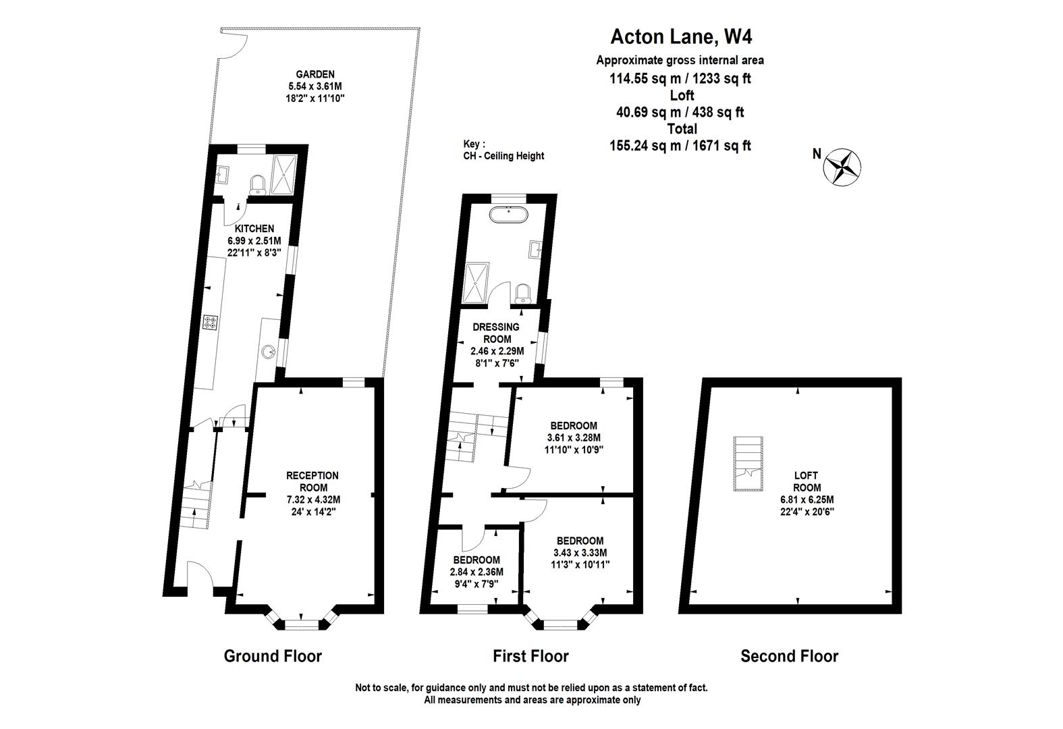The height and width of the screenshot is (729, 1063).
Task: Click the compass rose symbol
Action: tap(842, 167)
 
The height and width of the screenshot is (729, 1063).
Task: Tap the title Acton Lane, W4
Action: tap(681, 36)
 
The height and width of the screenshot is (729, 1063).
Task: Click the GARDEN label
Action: tap(315, 74)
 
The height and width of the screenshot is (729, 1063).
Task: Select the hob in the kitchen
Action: tap(210, 323)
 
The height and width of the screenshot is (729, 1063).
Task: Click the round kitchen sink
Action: tap(269, 352)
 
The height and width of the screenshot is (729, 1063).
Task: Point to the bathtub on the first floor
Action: tap(509, 215)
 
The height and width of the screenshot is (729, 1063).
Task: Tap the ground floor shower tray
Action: tap(283, 174)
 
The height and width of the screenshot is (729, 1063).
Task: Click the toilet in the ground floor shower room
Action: tap(258, 184)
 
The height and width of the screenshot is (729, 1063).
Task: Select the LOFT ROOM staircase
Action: tap(748, 463)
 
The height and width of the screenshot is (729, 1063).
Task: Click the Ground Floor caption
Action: tap(273, 656)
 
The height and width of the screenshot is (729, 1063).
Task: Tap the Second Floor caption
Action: tap(789, 656)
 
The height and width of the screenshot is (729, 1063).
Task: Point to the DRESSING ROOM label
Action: tap(496, 333)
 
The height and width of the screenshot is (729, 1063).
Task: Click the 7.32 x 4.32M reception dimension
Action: tap(313, 500)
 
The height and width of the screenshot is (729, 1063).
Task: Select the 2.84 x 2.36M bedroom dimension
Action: tap(476, 572)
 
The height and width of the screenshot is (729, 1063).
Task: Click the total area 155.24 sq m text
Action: tap(680, 145)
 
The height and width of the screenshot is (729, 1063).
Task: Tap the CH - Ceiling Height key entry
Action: tap(503, 156)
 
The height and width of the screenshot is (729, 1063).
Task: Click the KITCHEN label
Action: tap(254, 228)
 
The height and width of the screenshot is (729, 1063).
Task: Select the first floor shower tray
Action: tap(476, 282)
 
